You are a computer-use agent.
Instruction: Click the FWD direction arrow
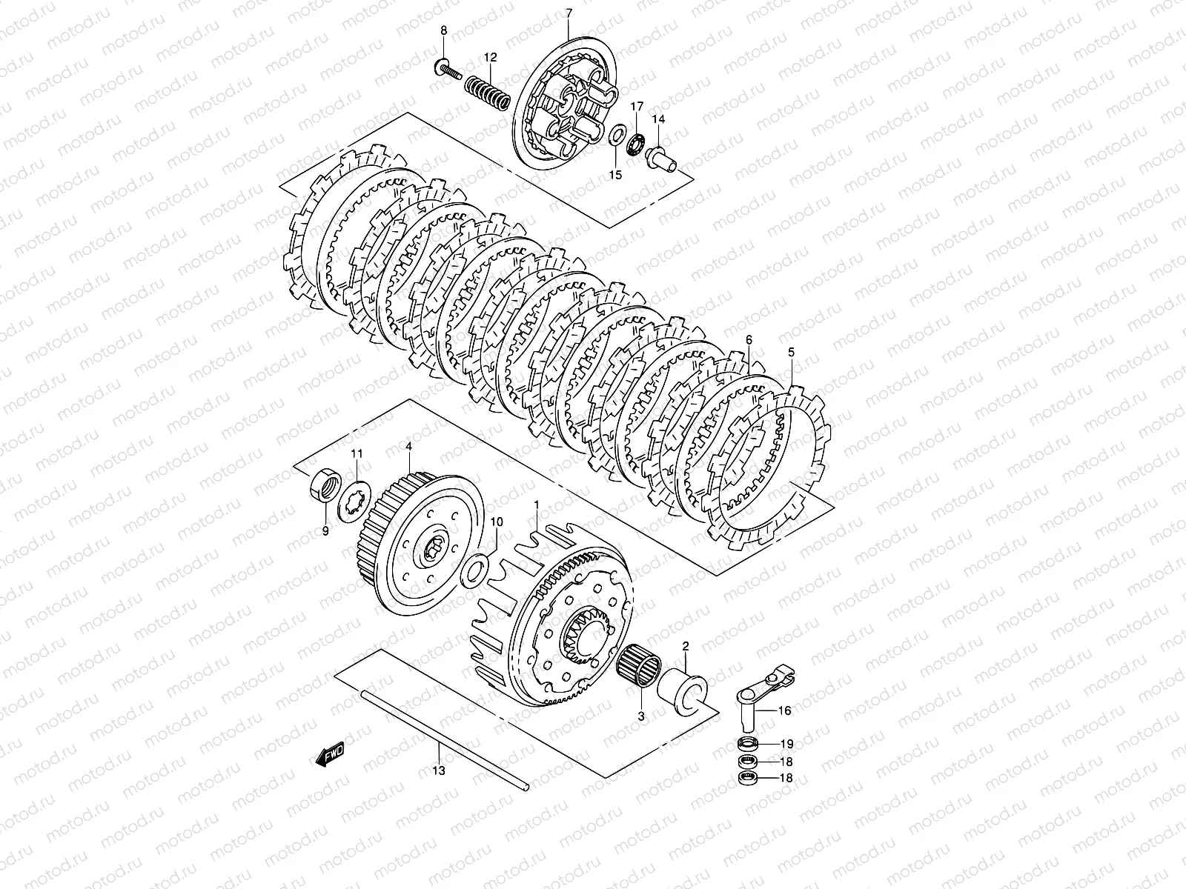330,753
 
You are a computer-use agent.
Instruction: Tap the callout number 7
569,13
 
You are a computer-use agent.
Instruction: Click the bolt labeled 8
448,70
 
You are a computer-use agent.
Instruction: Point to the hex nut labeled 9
326,485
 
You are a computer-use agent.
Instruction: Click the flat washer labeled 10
475,570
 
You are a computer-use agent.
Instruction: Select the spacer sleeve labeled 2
683,693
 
